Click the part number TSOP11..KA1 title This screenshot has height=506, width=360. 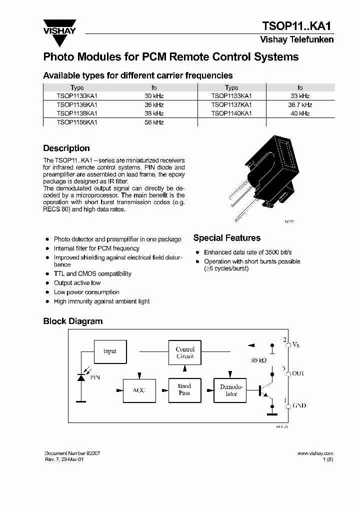coord(297,26)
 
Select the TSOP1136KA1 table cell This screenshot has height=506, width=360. coord(77,105)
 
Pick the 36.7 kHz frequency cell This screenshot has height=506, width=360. coord(300,105)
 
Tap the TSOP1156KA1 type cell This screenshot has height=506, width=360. coord(77,122)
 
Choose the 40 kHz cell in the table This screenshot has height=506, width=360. coord(300,113)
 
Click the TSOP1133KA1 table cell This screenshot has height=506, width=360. coord(231,96)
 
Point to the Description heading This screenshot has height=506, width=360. coord(66,148)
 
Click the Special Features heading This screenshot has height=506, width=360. coord(226,238)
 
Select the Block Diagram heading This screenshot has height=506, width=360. coord(73,321)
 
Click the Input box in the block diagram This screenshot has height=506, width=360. coord(109,351)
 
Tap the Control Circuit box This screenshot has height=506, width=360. coord(185,353)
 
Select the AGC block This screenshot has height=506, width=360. coord(139,390)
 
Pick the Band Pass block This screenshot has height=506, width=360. coord(184,389)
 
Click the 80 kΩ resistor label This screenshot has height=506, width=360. coord(259,360)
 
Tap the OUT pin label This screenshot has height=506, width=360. coord(298,373)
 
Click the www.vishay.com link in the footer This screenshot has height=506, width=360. coord(315,453)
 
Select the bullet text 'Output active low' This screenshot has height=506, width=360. coord(77,283)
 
